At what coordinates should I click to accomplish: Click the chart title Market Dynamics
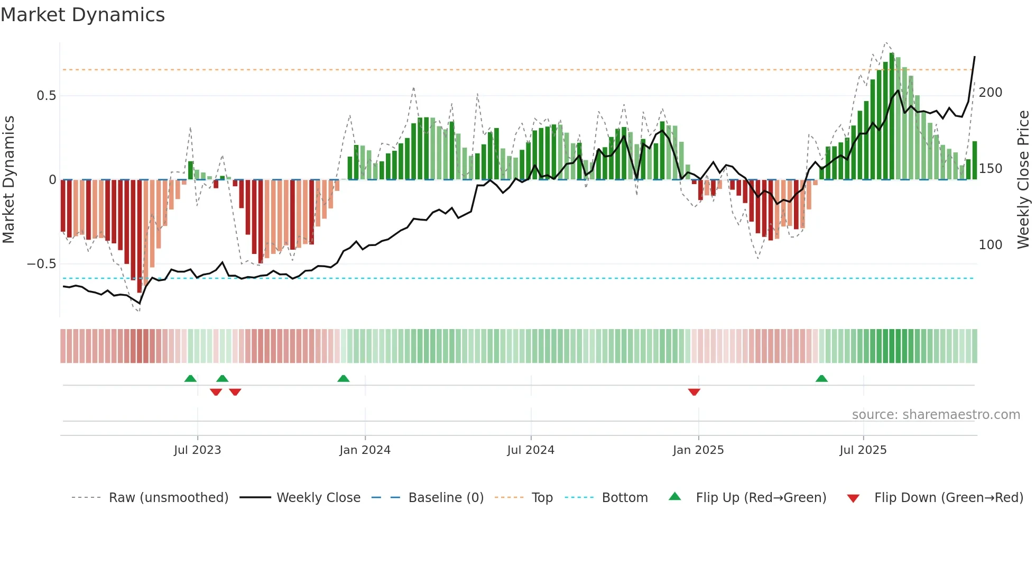tap(83, 15)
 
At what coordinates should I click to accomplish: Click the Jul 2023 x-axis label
tap(197, 450)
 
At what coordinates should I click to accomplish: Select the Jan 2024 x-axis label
tap(365, 450)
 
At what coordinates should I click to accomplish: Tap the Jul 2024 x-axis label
tap(531, 450)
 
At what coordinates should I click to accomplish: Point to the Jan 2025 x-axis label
tap(698, 450)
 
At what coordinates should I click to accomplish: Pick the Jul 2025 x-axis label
tap(863, 450)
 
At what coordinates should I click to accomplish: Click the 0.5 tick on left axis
tap(46, 96)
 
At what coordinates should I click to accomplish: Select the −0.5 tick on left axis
tap(42, 264)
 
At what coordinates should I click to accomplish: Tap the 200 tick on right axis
tap(991, 93)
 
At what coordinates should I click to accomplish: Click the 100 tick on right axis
tap(991, 245)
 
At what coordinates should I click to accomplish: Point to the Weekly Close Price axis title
tap(1023, 180)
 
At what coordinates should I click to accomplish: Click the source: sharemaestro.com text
tap(936, 415)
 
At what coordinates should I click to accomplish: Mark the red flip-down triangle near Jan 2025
tap(694, 392)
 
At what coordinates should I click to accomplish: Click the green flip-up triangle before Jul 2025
tap(821, 378)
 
